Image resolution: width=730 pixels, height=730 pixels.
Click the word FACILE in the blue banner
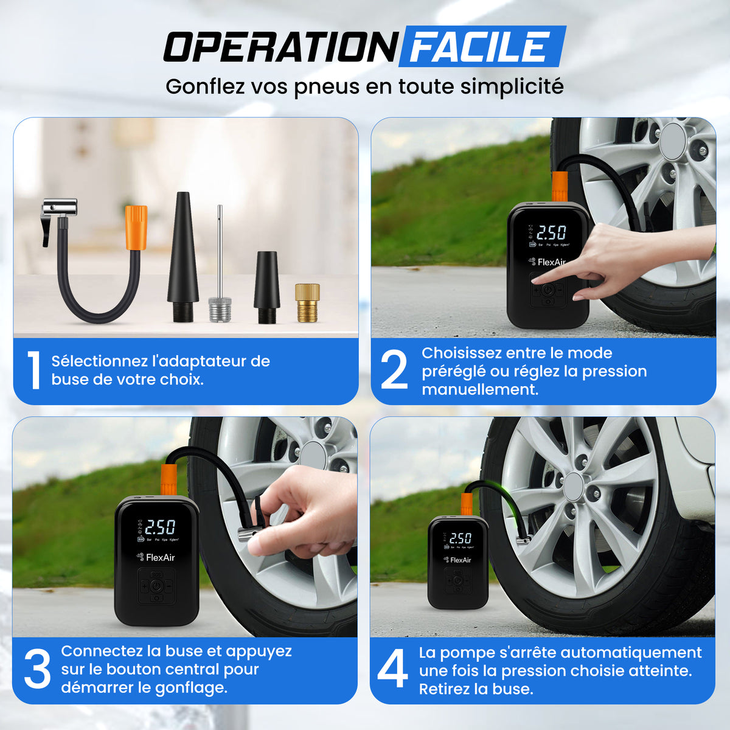coord(480,47)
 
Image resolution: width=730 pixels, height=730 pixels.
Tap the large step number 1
coord(34,370)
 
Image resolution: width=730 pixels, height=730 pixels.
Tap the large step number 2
coord(394,370)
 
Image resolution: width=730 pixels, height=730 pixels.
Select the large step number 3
coord(37,669)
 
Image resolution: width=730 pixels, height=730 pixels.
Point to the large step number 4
coord(393,669)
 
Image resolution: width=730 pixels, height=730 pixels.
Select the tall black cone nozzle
coord(182,255)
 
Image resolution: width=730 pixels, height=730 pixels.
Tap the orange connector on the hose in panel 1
coord(136,228)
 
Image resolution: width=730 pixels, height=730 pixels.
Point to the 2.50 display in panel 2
coord(551,232)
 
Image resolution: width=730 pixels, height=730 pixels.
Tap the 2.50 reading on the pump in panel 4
coord(461,538)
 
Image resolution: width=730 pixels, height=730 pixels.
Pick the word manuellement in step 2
coord(480,389)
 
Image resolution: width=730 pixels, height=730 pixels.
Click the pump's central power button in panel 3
coord(156,586)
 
